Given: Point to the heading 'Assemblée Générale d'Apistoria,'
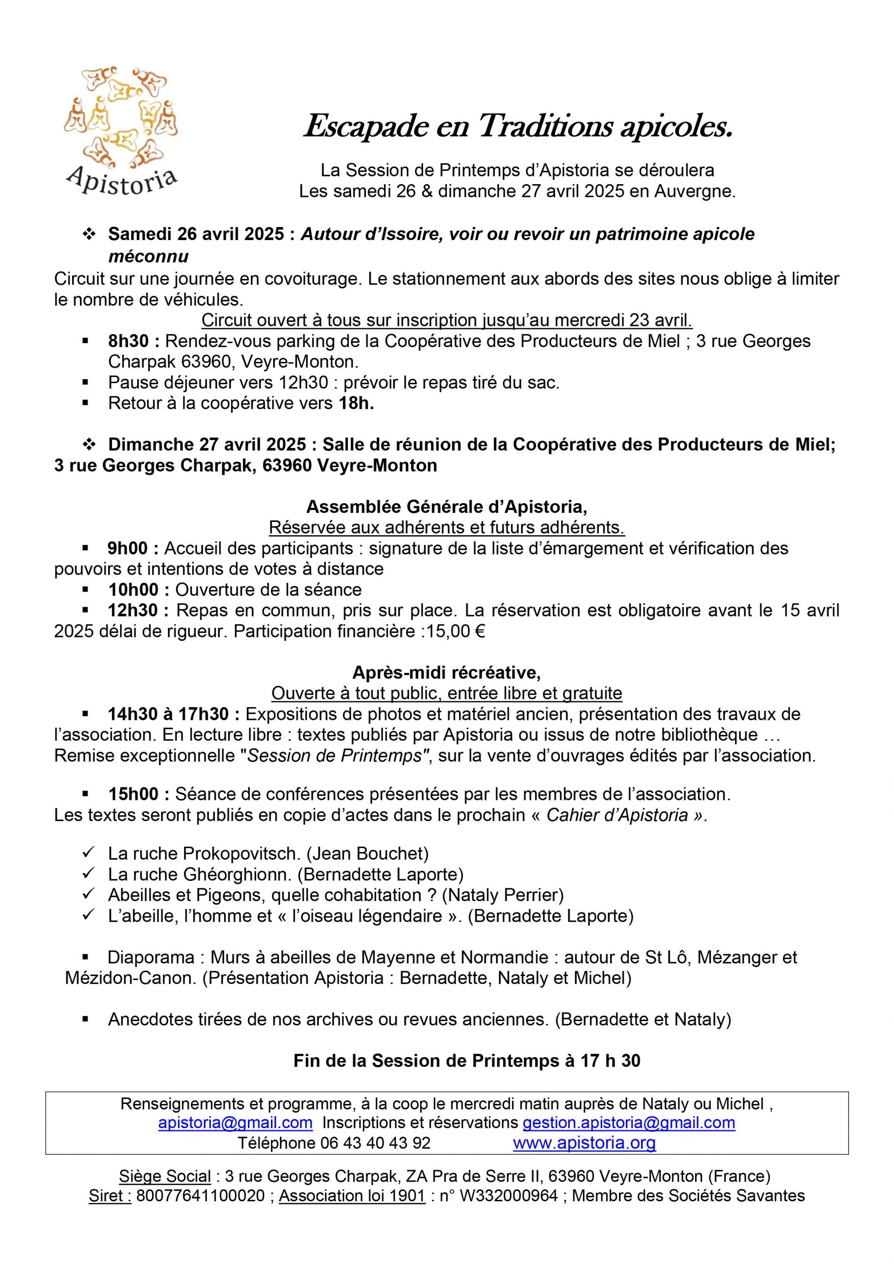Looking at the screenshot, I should [x=446, y=506].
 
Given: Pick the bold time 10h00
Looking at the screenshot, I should [x=138, y=590].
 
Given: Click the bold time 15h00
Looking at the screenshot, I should [x=138, y=794].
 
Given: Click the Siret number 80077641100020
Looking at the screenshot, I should [x=200, y=1196].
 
